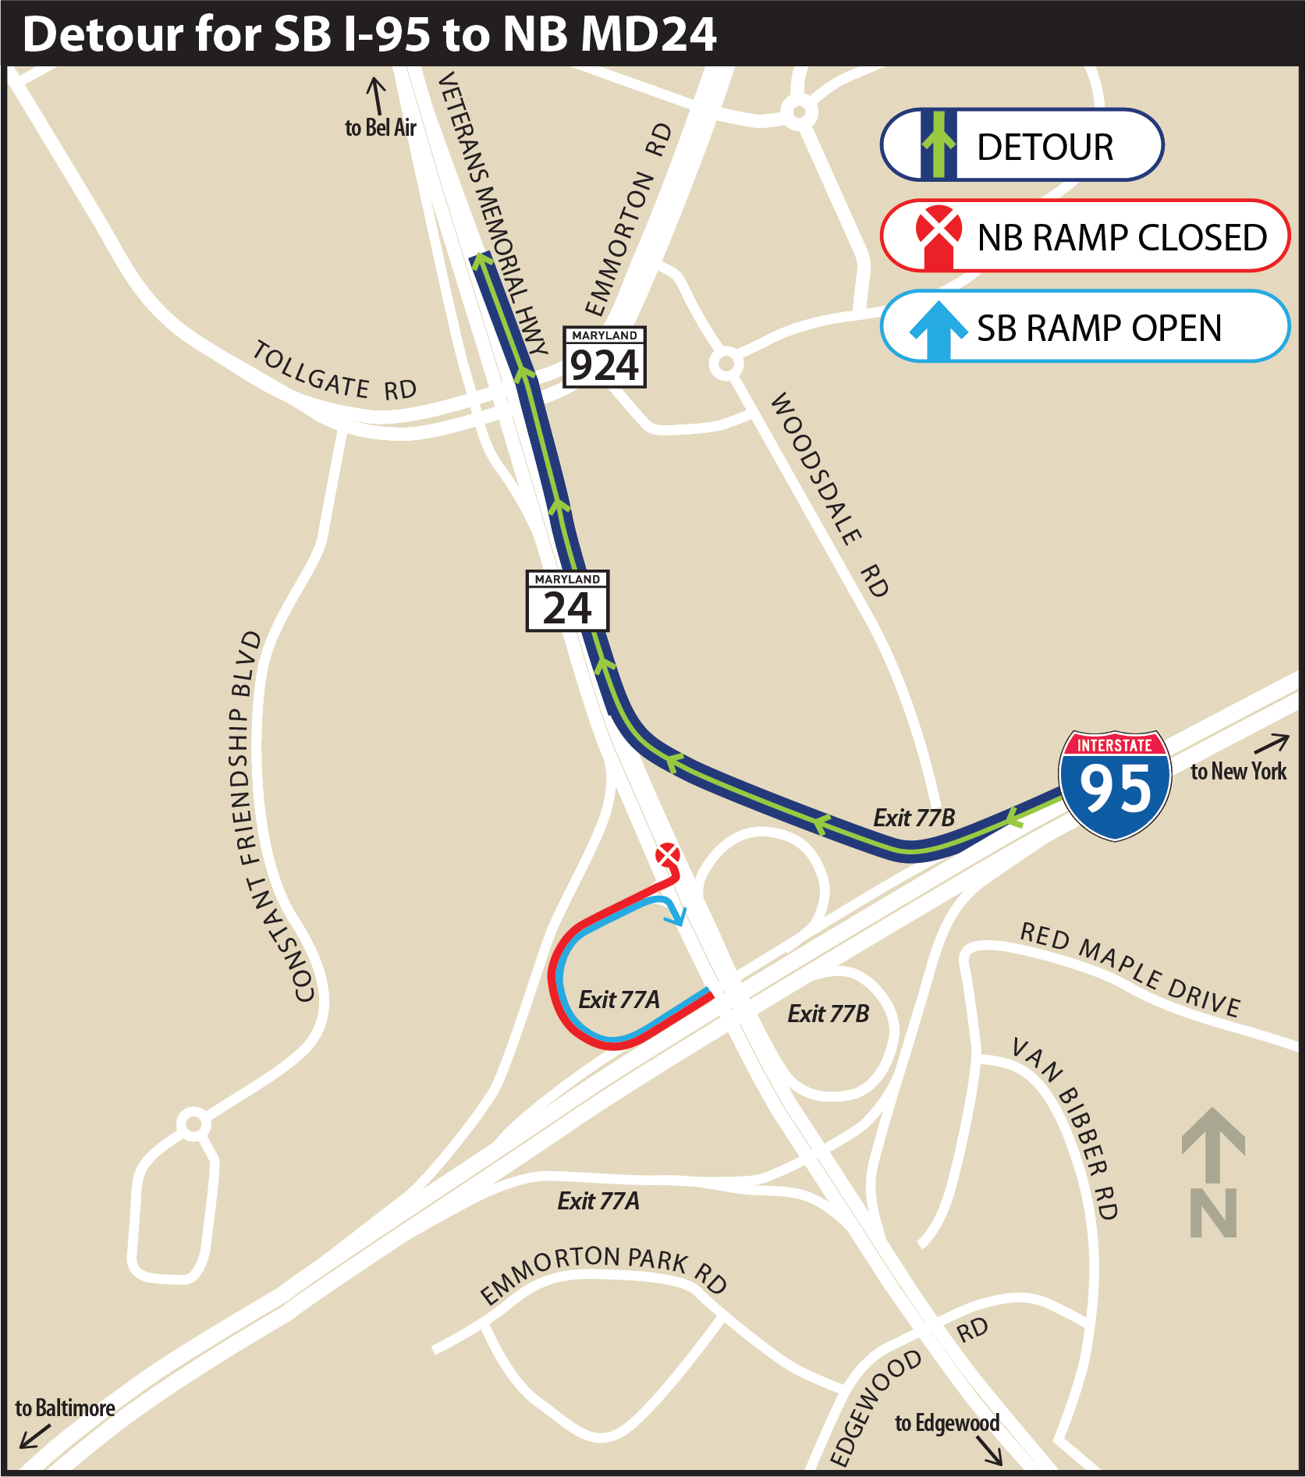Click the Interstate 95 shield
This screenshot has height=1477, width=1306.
pyautogui.click(x=1115, y=785)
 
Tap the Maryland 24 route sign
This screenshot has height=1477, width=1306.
pyautogui.click(x=567, y=601)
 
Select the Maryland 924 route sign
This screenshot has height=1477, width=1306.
pyautogui.click(x=605, y=357)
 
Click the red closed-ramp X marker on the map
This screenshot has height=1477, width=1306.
pyautogui.click(x=667, y=854)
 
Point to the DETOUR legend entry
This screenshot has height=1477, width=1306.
pyautogui.click(x=1022, y=145)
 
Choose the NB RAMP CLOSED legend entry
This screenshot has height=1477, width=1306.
pyautogui.click(x=1084, y=236)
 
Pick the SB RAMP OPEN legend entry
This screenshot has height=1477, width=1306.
pyautogui.click(x=1084, y=327)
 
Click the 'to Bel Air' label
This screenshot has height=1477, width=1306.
pyautogui.click(x=381, y=127)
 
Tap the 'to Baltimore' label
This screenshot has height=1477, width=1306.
pyautogui.click(x=65, y=1408)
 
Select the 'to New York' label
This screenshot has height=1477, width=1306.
pyautogui.click(x=1238, y=771)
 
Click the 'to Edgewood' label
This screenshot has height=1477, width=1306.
pyautogui.click(x=946, y=1423)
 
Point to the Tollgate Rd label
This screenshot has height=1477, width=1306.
pyautogui.click(x=335, y=373)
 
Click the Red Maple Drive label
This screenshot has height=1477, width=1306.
pyautogui.click(x=1130, y=968)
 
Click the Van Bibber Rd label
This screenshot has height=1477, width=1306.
pyautogui.click(x=1068, y=1127)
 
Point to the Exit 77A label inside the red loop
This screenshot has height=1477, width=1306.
pyautogui.click(x=619, y=999)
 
